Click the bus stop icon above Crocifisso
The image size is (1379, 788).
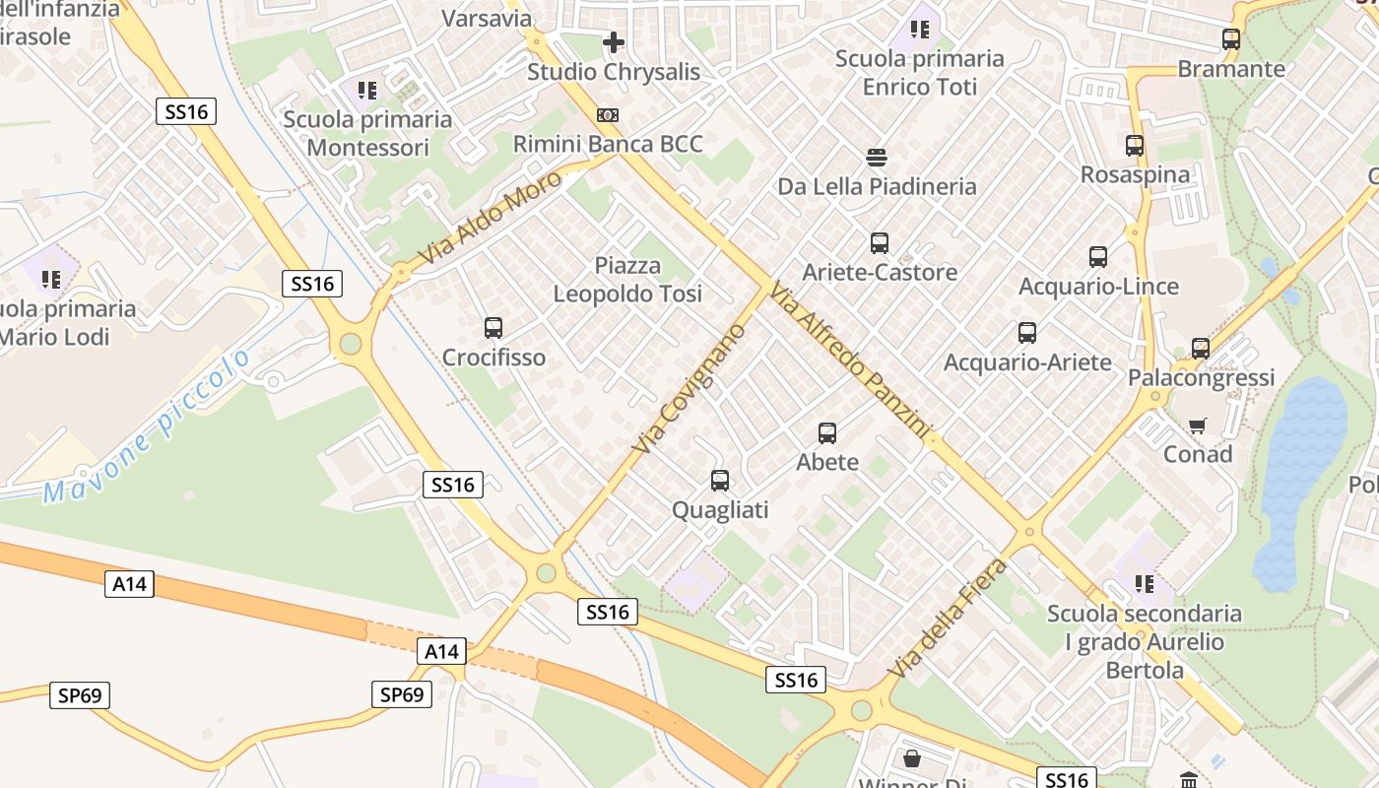[x=493, y=328]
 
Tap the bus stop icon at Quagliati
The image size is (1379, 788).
[x=720, y=481]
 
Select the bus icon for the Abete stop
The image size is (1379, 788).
[x=827, y=432]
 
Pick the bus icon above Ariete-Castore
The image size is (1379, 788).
[x=880, y=242]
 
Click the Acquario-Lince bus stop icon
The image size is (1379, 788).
[x=1098, y=257]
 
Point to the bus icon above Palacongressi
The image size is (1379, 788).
[x=1200, y=348]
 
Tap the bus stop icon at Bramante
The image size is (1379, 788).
[x=1231, y=39]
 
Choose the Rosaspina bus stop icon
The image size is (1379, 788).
[x=1135, y=146]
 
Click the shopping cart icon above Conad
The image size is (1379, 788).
[x=1198, y=426]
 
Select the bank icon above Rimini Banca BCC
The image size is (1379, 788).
[x=608, y=115]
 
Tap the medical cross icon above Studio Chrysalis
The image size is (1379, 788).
[x=614, y=42]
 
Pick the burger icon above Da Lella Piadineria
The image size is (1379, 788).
[x=877, y=158]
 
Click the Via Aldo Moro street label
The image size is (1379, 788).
[x=490, y=218]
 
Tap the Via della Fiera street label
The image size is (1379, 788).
[x=949, y=618]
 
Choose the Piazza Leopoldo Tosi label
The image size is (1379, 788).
[x=627, y=280]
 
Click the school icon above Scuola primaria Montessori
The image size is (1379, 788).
[x=367, y=92]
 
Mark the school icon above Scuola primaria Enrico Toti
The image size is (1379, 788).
[x=920, y=30]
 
